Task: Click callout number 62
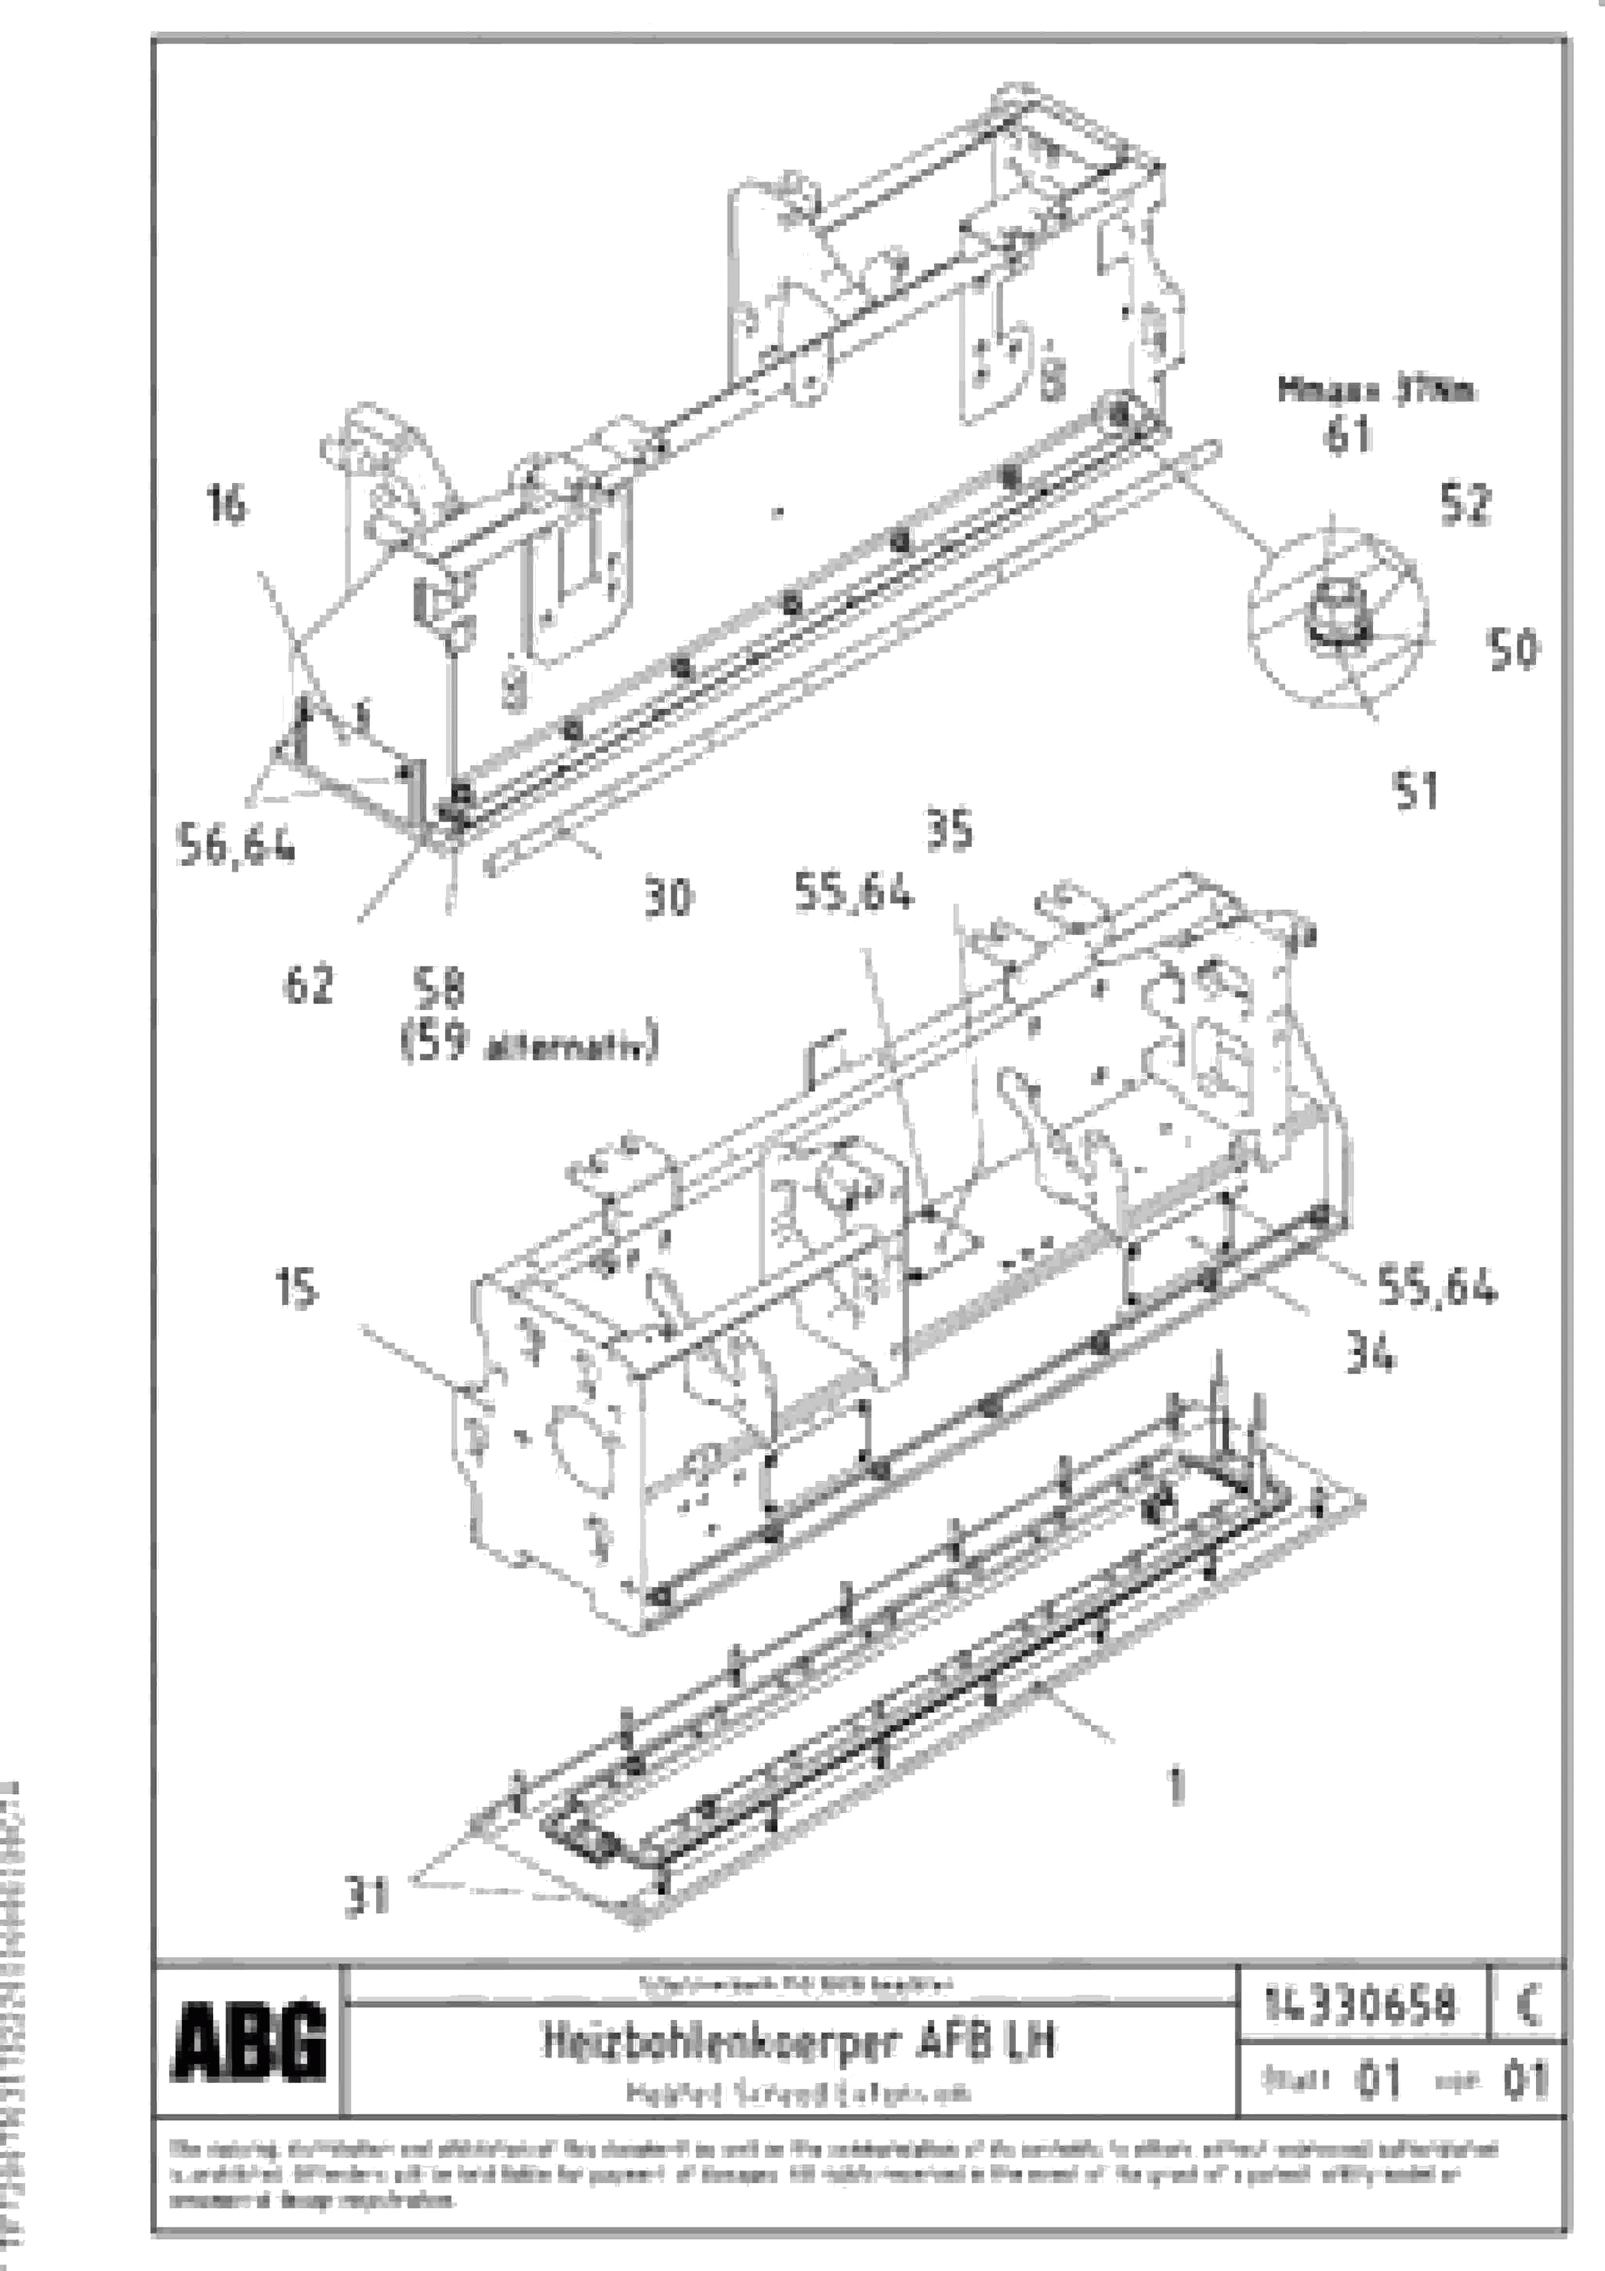(x=308, y=985)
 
